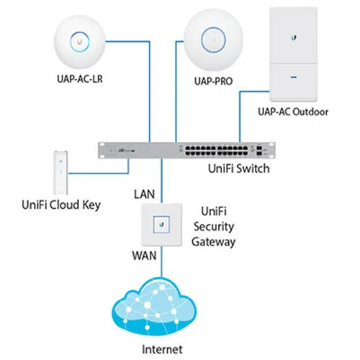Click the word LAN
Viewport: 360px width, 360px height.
point(144,194)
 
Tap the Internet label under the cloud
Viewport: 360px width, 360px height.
point(164,350)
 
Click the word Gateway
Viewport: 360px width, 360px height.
point(213,243)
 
